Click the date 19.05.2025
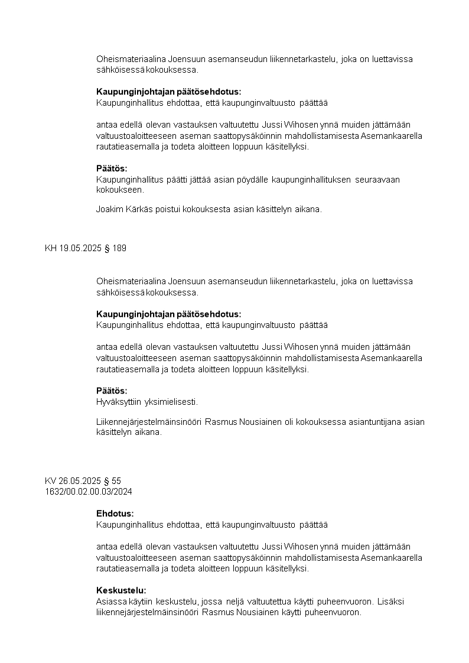[x=80, y=248]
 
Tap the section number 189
[x=119, y=248]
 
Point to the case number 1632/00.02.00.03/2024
[x=88, y=491]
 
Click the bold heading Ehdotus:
[x=115, y=513]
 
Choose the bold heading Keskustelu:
[x=121, y=590]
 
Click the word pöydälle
[x=253, y=180]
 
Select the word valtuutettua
[x=274, y=602]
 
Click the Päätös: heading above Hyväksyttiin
[x=112, y=391]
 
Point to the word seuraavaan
[x=377, y=180]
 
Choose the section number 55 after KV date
[x=116, y=481]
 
